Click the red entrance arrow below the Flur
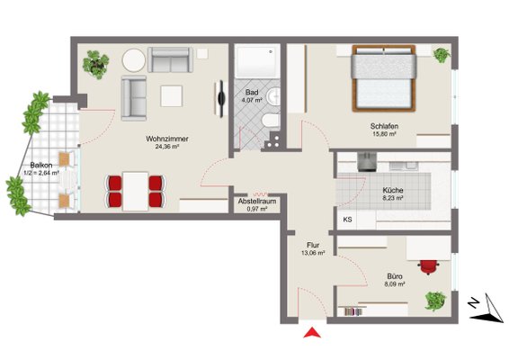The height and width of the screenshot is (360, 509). (312, 333)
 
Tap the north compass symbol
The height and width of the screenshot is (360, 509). (486, 308)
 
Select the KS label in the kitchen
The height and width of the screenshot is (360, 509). (347, 220)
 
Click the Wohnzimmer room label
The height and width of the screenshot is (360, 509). (167, 139)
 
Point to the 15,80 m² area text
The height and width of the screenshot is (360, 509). (385, 133)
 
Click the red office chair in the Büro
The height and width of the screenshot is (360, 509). (429, 266)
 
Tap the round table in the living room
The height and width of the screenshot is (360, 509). (134, 60)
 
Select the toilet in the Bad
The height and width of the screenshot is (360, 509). (271, 121)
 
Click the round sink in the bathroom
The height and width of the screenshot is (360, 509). (273, 96)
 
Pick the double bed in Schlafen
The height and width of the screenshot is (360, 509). (384, 78)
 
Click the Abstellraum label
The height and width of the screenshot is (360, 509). (257, 201)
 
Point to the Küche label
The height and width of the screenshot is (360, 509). (393, 190)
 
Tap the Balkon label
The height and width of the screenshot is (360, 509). (41, 165)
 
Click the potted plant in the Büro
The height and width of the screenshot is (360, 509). (435, 301)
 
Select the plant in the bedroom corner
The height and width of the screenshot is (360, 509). (442, 55)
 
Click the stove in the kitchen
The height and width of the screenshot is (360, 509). (367, 162)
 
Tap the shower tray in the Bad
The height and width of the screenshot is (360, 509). (257, 62)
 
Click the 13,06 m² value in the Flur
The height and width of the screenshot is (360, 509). (313, 253)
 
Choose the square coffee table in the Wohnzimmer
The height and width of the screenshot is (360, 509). (172, 95)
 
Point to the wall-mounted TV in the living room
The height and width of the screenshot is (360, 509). (220, 99)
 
